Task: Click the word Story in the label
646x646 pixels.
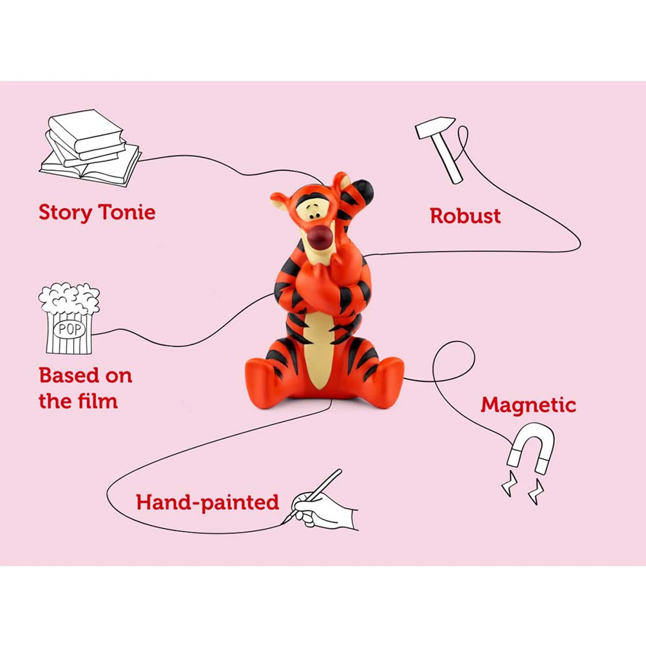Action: tap(65, 212)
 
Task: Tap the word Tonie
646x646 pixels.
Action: tap(126, 212)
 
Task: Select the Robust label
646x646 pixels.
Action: tap(465, 216)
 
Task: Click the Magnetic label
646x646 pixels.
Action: tap(528, 405)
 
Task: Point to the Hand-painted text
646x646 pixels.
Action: tap(207, 503)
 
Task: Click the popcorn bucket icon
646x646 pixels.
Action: tap(69, 318)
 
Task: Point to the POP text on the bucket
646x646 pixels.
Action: tap(69, 330)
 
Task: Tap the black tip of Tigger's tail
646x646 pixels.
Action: tap(365, 190)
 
